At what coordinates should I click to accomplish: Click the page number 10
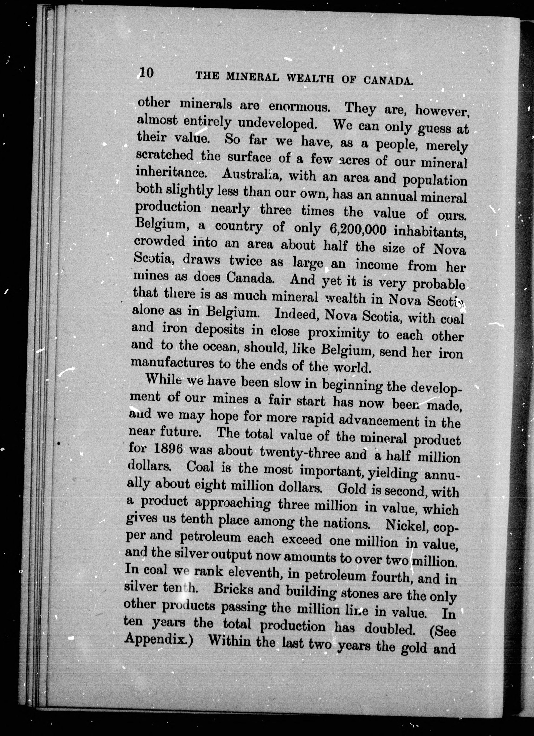[145, 73]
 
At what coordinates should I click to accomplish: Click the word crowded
[159, 242]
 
